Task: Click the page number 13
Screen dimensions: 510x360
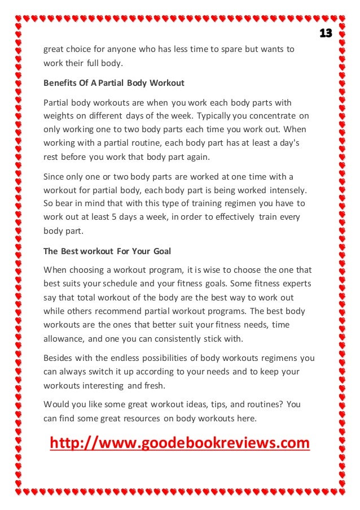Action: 326,33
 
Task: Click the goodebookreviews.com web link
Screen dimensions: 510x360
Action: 180,443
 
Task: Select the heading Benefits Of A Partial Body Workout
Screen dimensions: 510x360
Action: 114,83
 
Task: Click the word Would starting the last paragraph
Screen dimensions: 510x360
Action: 56,405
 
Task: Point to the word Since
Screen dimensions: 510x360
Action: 54,176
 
